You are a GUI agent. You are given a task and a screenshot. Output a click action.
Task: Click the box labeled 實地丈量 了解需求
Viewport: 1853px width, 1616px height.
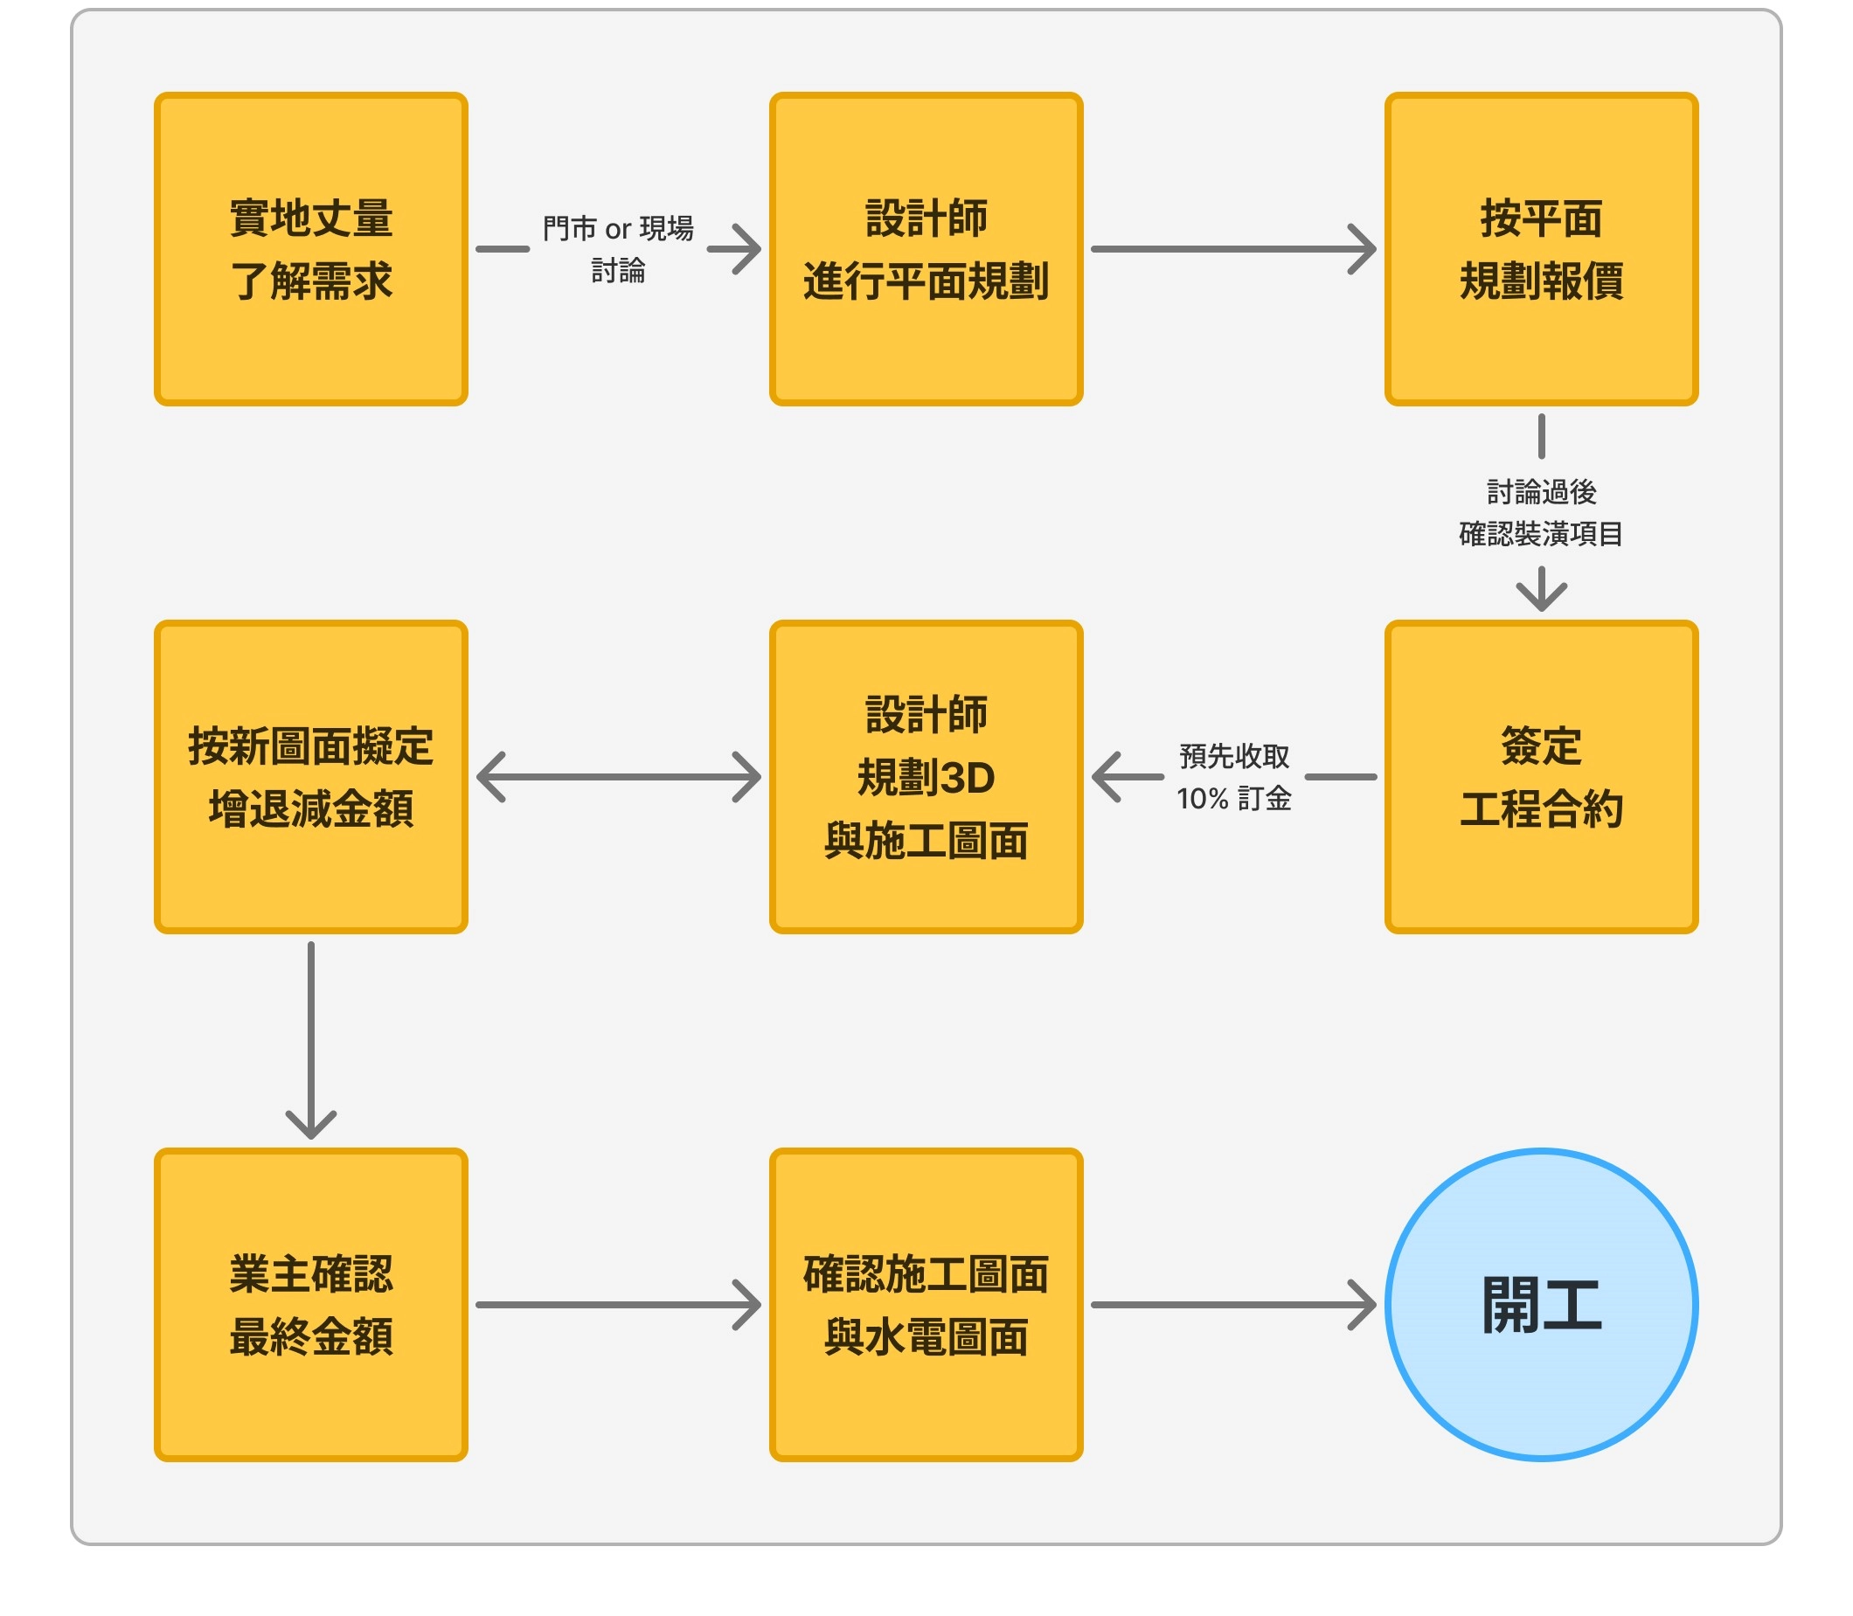[x=311, y=249]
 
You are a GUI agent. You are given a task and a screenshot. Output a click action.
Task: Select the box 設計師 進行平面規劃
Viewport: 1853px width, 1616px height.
[x=926, y=249]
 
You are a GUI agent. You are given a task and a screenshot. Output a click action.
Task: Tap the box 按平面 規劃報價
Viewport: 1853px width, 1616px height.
[x=1541, y=249]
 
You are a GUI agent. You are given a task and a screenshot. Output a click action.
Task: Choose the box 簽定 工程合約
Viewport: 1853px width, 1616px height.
[x=1541, y=776]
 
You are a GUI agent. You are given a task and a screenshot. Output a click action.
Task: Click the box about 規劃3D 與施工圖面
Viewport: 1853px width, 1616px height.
[x=926, y=776]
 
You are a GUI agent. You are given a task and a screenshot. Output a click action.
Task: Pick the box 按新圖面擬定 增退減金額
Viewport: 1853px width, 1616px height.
[x=311, y=776]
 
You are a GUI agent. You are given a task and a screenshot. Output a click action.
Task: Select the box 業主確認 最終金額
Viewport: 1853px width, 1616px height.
[x=311, y=1304]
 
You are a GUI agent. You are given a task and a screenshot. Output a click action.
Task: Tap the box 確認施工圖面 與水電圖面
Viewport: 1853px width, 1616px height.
[x=926, y=1304]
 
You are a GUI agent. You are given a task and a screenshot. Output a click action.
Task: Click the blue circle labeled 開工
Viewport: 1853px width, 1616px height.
[x=1541, y=1304]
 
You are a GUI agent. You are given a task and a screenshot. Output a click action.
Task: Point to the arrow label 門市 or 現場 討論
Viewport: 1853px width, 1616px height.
[x=619, y=249]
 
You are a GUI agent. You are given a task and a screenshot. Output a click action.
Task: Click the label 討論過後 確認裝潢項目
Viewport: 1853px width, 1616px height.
[x=1541, y=513]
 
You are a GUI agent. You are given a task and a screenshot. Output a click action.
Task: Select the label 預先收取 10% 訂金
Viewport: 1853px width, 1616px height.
[x=1234, y=776]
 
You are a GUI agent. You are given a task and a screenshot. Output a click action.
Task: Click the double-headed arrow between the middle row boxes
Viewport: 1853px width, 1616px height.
[x=619, y=776]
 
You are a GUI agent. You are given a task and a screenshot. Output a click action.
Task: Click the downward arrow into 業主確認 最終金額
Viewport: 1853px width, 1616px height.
[x=311, y=1037]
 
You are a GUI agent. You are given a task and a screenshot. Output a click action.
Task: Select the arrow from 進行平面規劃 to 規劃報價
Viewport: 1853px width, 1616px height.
[x=1232, y=249]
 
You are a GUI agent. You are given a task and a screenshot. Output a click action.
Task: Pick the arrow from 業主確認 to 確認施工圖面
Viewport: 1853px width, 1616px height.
[x=619, y=1304]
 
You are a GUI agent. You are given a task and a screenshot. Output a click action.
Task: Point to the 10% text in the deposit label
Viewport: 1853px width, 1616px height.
[x=1202, y=799]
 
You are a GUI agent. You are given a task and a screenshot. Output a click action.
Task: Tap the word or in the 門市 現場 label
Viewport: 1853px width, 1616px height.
[x=618, y=230]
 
